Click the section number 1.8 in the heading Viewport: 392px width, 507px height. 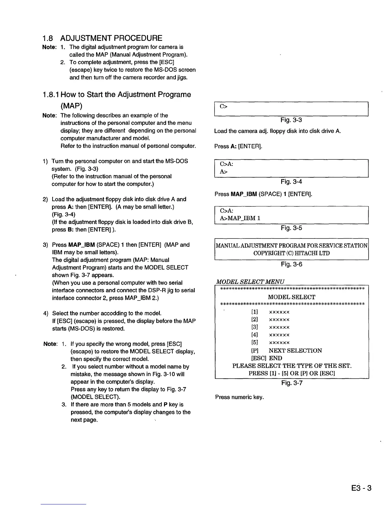[x=48, y=38]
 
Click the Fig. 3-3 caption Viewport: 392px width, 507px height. [x=291, y=120]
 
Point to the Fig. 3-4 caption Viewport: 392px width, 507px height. [x=291, y=182]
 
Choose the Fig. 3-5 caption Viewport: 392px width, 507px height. [x=291, y=228]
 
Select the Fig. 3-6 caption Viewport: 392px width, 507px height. [x=291, y=264]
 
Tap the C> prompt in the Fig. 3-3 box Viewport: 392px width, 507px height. [x=224, y=106]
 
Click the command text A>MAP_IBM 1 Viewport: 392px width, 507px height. [x=240, y=218]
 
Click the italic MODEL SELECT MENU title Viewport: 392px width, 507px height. [x=250, y=282]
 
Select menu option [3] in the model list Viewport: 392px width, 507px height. [x=255, y=327]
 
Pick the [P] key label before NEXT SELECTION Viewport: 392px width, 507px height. [x=255, y=350]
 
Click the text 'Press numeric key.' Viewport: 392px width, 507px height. [x=240, y=397]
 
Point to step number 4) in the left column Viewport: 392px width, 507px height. [x=46, y=313]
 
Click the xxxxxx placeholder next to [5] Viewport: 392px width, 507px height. [x=279, y=343]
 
